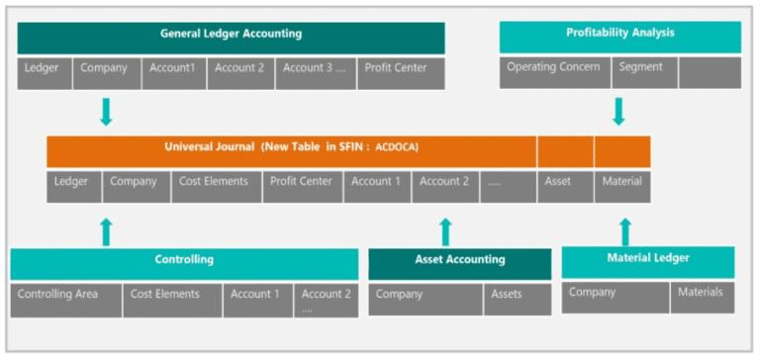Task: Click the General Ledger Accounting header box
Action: click(231, 36)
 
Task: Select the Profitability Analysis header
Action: click(619, 35)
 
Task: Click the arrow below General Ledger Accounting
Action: click(106, 111)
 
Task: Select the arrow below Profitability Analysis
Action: click(619, 110)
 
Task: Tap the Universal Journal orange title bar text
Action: click(291, 150)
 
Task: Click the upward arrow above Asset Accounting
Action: click(445, 232)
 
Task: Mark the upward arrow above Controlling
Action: click(106, 231)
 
